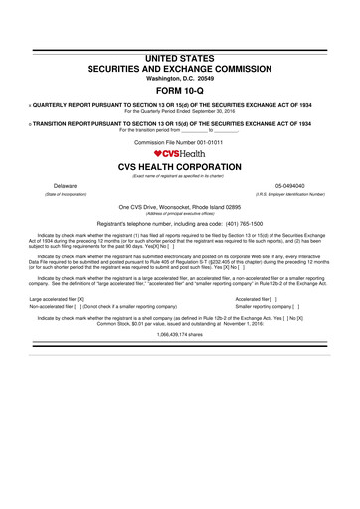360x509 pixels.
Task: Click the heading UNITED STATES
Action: (x=180, y=62)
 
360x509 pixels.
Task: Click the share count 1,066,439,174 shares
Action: (x=180, y=308)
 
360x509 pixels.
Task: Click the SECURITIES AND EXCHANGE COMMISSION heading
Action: (x=180, y=74)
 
